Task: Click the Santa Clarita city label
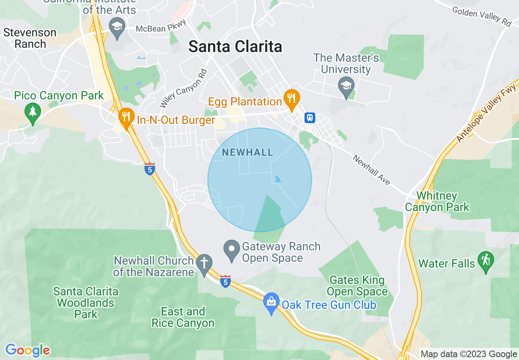click(x=235, y=47)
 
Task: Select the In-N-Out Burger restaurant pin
click(x=126, y=118)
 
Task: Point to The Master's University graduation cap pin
click(x=346, y=87)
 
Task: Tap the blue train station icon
click(x=310, y=118)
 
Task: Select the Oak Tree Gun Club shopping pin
click(x=271, y=303)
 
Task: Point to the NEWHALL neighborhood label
click(x=247, y=153)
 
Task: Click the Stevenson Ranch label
click(x=30, y=38)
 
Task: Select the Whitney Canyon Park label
click(x=437, y=201)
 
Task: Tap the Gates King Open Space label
click(x=357, y=286)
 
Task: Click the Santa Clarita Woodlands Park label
click(x=86, y=303)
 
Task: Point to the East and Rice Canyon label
click(x=183, y=317)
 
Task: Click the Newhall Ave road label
click(x=372, y=170)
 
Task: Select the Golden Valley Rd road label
click(x=482, y=16)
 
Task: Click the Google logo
click(x=27, y=350)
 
